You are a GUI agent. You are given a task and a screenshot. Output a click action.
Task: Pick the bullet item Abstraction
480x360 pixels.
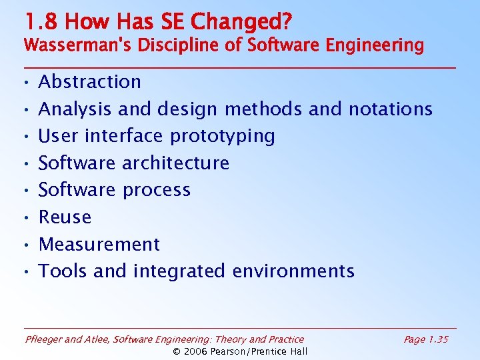pyautogui.click(x=90, y=82)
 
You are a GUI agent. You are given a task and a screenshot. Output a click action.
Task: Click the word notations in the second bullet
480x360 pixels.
pyautogui.click(x=387, y=109)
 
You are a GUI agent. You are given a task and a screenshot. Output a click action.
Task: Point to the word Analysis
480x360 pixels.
pyautogui.click(x=75, y=109)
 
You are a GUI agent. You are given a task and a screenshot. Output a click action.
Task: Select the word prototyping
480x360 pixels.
pyautogui.click(x=223, y=136)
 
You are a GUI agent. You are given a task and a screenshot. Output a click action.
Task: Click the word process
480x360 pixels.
pyautogui.click(x=155, y=191)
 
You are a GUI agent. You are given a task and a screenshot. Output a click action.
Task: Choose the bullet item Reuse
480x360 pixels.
pyautogui.click(x=65, y=217)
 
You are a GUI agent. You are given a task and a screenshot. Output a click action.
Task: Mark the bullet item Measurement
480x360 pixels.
pyautogui.click(x=99, y=245)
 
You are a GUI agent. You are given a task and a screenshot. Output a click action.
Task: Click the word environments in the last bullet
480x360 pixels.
pyautogui.click(x=293, y=271)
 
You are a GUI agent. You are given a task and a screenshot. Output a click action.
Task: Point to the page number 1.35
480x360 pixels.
pyautogui.click(x=437, y=340)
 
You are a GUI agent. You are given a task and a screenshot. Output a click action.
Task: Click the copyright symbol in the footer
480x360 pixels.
pyautogui.click(x=177, y=351)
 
